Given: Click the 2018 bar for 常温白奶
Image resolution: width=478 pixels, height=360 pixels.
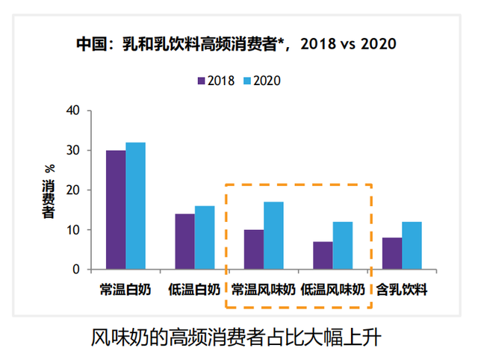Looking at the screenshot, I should [x=116, y=210].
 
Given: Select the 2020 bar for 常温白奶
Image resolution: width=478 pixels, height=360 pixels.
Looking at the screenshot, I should [x=135, y=206].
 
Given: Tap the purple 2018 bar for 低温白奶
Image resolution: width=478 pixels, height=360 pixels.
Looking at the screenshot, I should [x=184, y=241].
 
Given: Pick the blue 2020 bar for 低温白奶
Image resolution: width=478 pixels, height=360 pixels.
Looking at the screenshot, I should [x=204, y=238].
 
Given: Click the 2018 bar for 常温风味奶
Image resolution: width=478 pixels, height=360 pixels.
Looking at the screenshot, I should [x=254, y=249].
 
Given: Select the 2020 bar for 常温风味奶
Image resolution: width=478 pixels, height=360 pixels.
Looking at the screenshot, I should [x=273, y=235].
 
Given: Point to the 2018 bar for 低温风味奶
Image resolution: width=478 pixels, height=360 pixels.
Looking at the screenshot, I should [x=323, y=255].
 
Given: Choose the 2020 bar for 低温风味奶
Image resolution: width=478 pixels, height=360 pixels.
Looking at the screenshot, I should [x=342, y=246].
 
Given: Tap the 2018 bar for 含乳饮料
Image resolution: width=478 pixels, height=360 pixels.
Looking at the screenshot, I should [x=392, y=253].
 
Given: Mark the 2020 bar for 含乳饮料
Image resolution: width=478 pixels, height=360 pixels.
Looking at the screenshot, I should [x=412, y=246].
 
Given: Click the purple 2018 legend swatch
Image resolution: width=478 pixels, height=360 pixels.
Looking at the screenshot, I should [x=201, y=79].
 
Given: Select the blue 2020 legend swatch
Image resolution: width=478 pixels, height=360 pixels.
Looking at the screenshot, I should [x=247, y=79].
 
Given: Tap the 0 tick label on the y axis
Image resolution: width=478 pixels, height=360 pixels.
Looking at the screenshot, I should [x=78, y=270].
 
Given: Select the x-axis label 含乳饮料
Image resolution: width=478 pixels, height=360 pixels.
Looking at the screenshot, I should [x=401, y=289].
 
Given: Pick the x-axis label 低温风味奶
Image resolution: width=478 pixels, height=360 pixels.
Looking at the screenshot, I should [x=332, y=289].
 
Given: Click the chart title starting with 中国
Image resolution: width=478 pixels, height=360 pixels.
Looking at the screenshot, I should [x=236, y=44].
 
